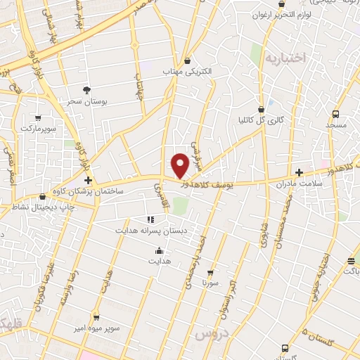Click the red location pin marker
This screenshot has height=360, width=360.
(x=181, y=165)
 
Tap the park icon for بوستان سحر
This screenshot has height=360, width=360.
(x=86, y=90)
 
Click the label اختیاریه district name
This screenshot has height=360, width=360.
(x=285, y=58)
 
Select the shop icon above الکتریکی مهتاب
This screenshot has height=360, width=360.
(x=186, y=61)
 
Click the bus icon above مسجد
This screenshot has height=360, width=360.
(x=336, y=114)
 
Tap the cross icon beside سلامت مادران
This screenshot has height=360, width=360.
(x=299, y=172)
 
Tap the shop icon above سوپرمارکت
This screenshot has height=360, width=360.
(x=37, y=119)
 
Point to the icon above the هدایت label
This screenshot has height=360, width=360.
(x=159, y=251)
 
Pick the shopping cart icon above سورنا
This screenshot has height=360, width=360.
(x=210, y=272)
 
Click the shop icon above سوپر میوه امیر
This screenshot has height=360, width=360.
(x=96, y=318)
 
